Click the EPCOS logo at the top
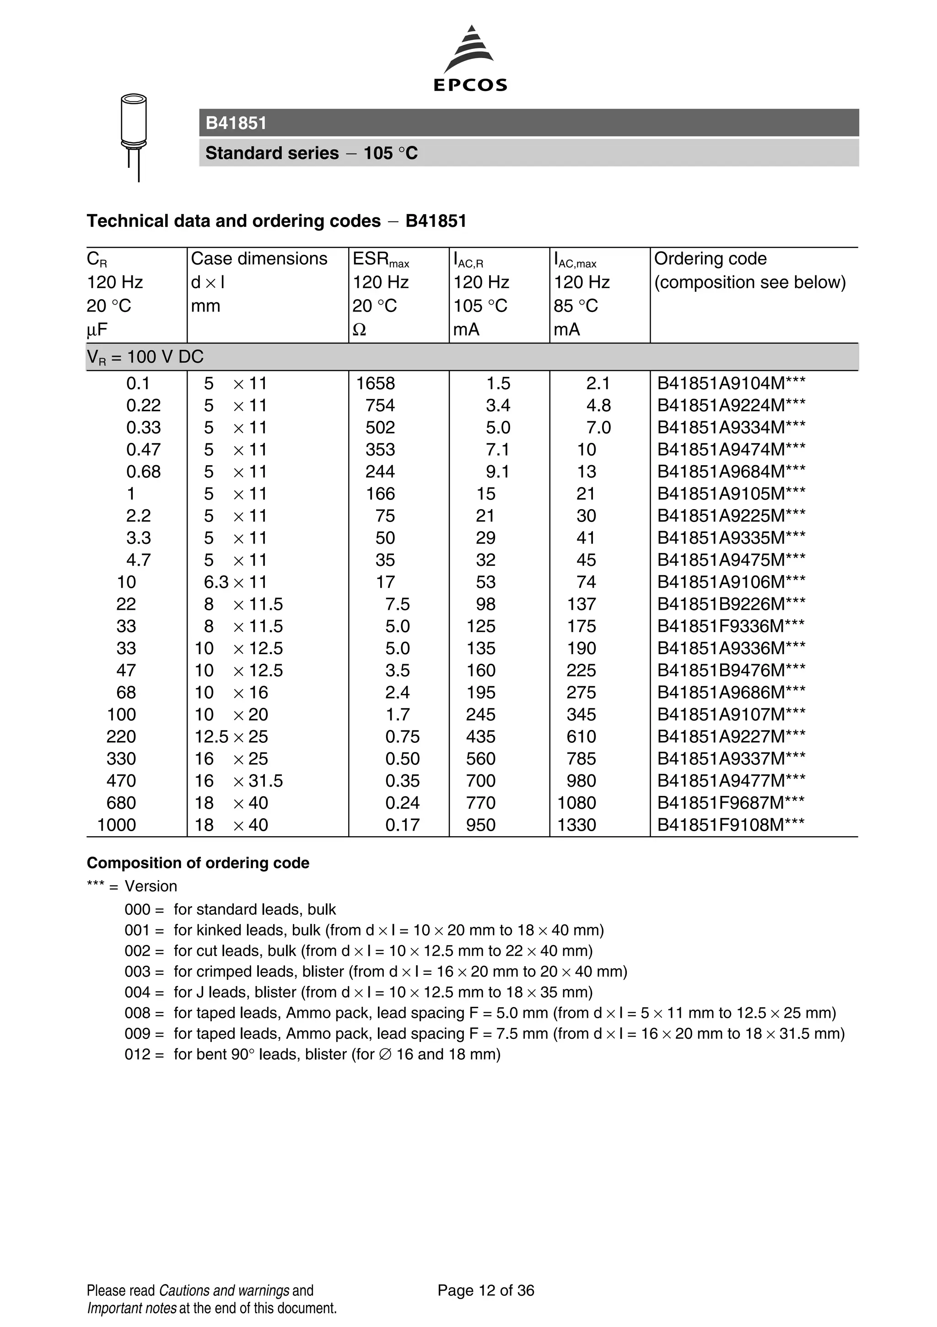click(x=469, y=59)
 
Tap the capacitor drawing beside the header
click(x=134, y=137)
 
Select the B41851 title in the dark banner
click(x=236, y=123)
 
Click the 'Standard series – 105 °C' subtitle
click(x=311, y=153)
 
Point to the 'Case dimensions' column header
click(x=259, y=258)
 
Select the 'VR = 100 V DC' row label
click(x=145, y=357)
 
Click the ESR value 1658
click(x=375, y=383)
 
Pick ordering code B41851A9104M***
click(x=731, y=383)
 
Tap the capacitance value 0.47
click(x=143, y=450)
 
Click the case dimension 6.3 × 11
click(x=235, y=582)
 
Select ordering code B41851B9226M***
click(x=731, y=604)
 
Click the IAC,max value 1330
click(x=576, y=825)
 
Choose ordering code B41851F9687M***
click(x=731, y=803)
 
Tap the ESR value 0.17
click(x=402, y=825)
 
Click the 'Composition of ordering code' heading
click(x=198, y=863)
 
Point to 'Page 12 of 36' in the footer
click(x=485, y=1290)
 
